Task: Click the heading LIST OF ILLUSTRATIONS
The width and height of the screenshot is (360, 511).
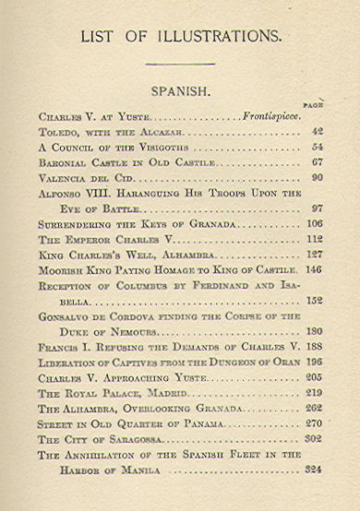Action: click(180, 37)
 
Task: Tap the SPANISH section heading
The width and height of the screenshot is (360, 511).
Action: click(179, 92)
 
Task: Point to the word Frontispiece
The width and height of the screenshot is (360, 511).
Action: click(269, 118)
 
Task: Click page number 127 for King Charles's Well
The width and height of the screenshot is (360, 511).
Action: click(315, 255)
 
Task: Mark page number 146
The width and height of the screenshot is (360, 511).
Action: click(315, 270)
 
